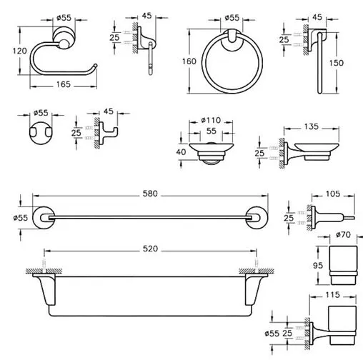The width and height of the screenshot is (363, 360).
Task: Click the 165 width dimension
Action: [64, 84]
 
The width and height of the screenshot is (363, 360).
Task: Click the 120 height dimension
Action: [19, 51]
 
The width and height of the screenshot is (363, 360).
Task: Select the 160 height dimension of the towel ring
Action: [189, 61]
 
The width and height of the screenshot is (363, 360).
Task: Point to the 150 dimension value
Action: [337, 63]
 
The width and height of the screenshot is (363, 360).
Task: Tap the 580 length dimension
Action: [150, 194]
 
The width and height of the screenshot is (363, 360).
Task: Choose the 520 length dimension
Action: [150, 249]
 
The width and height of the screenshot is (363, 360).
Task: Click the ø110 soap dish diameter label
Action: [211, 120]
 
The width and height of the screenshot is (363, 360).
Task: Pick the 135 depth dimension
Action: [312, 126]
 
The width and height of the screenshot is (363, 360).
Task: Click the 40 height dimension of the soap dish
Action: [181, 152]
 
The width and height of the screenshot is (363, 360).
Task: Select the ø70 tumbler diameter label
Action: [343, 235]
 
